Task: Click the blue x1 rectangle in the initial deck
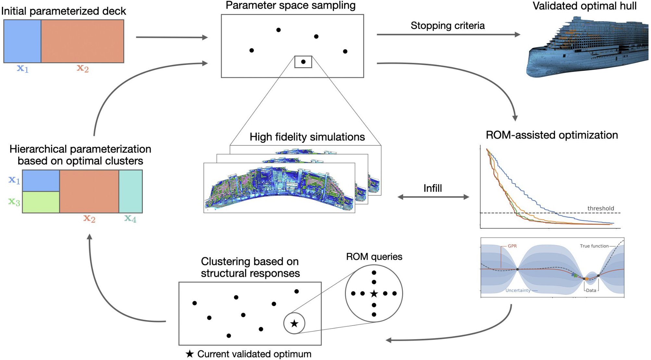[22, 41]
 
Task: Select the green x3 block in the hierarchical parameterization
[41, 202]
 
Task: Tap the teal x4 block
[130, 191]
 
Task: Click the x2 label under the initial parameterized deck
[82, 68]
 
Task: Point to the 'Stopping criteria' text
[448, 26]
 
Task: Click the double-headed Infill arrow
[433, 197]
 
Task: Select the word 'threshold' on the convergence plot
[600, 208]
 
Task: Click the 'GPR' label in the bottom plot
[512, 246]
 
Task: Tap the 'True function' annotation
[594, 246]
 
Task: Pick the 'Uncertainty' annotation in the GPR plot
[518, 290]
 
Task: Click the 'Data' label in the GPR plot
[591, 290]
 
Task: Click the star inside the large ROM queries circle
[374, 294]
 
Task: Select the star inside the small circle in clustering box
[294, 323]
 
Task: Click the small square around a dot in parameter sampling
[303, 62]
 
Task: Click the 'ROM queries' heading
[374, 257]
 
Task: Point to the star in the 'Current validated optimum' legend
[190, 354]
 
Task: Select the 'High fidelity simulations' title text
[307, 137]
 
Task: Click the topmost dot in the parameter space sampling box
[278, 30]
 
